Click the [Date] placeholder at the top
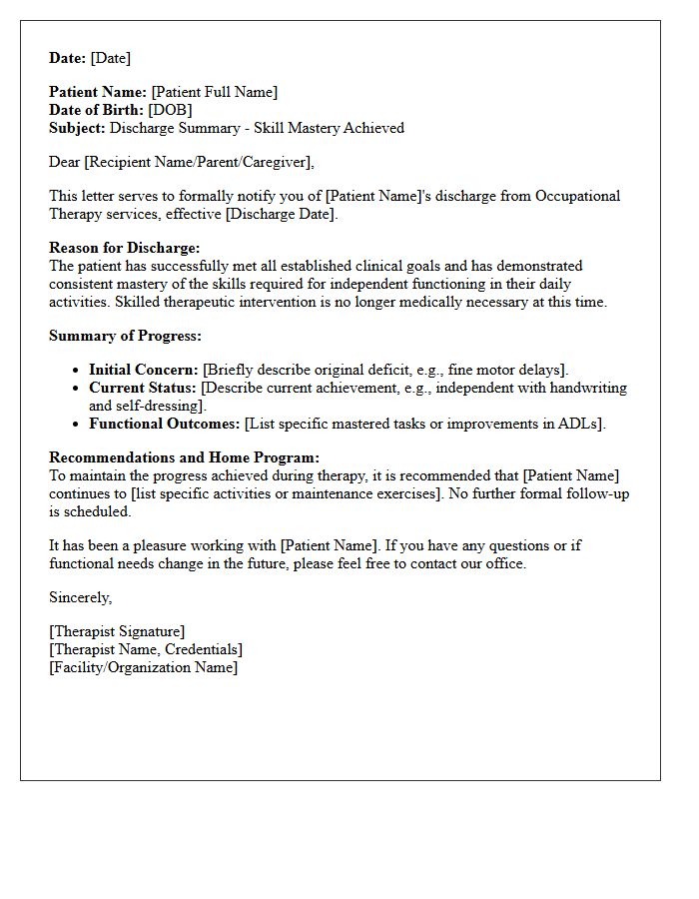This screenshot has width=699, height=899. (110, 58)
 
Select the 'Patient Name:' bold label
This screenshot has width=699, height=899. (98, 92)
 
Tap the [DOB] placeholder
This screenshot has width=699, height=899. (170, 110)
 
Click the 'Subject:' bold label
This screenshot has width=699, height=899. (77, 128)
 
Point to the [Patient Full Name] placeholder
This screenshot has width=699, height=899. (214, 92)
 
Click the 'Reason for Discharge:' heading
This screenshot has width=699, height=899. (125, 248)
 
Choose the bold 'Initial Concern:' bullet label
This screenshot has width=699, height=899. (144, 370)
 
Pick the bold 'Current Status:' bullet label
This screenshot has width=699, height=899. (143, 388)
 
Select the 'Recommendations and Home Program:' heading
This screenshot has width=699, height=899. (185, 457)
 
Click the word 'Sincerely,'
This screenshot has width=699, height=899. (81, 597)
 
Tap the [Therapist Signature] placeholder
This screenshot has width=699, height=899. (117, 631)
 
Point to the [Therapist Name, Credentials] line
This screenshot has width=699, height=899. (146, 649)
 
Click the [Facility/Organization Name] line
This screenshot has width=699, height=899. (144, 667)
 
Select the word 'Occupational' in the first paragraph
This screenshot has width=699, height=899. (578, 196)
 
